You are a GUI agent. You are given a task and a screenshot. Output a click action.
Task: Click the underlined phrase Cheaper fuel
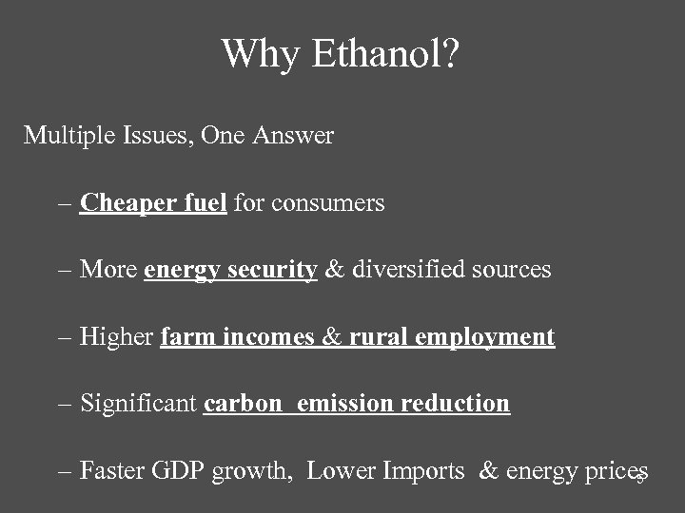coord(153,202)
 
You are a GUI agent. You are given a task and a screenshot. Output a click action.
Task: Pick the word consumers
coord(327,203)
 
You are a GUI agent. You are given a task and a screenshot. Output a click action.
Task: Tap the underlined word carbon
coord(243,403)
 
